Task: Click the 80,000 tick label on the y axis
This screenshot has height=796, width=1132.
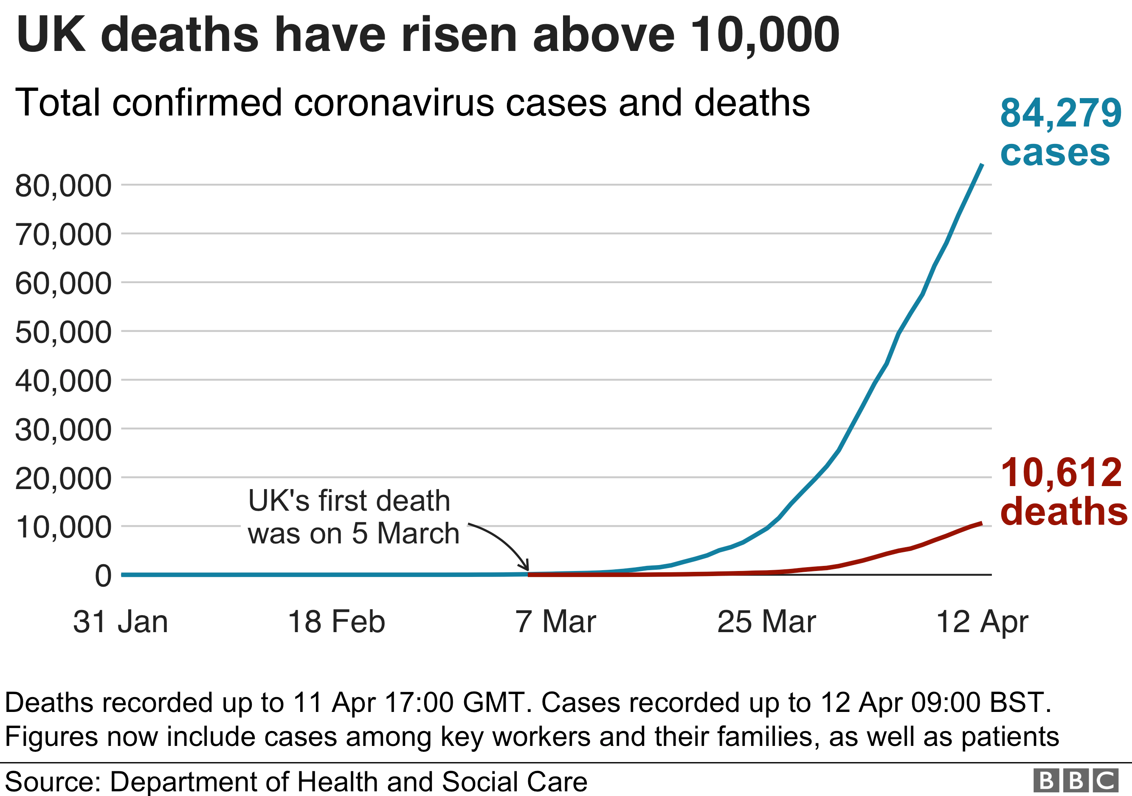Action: (x=63, y=186)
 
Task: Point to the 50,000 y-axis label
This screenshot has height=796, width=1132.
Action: (x=63, y=333)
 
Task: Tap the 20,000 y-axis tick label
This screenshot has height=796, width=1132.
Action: (x=63, y=479)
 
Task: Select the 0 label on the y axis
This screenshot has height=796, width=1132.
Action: (x=103, y=576)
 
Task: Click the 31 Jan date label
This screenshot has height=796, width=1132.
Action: (x=120, y=622)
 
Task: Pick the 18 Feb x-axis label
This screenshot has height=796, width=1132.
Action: (x=336, y=622)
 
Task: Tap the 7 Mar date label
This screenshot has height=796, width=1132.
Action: (x=556, y=622)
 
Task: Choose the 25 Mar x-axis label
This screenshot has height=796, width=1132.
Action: (x=767, y=622)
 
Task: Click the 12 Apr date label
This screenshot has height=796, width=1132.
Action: (x=982, y=622)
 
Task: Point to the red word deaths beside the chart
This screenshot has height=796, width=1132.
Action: (x=1064, y=511)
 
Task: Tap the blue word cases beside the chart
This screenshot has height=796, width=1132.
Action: (x=1055, y=153)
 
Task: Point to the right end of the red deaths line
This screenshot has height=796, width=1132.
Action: (x=982, y=523)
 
